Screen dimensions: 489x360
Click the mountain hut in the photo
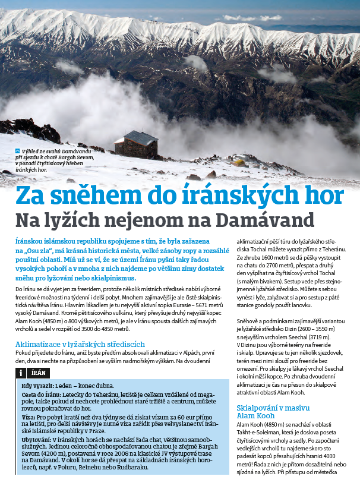[136, 144]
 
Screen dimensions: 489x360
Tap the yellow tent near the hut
[239, 162]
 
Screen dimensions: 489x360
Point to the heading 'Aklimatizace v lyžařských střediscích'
[80, 343]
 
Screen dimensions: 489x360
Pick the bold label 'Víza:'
[29, 418]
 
